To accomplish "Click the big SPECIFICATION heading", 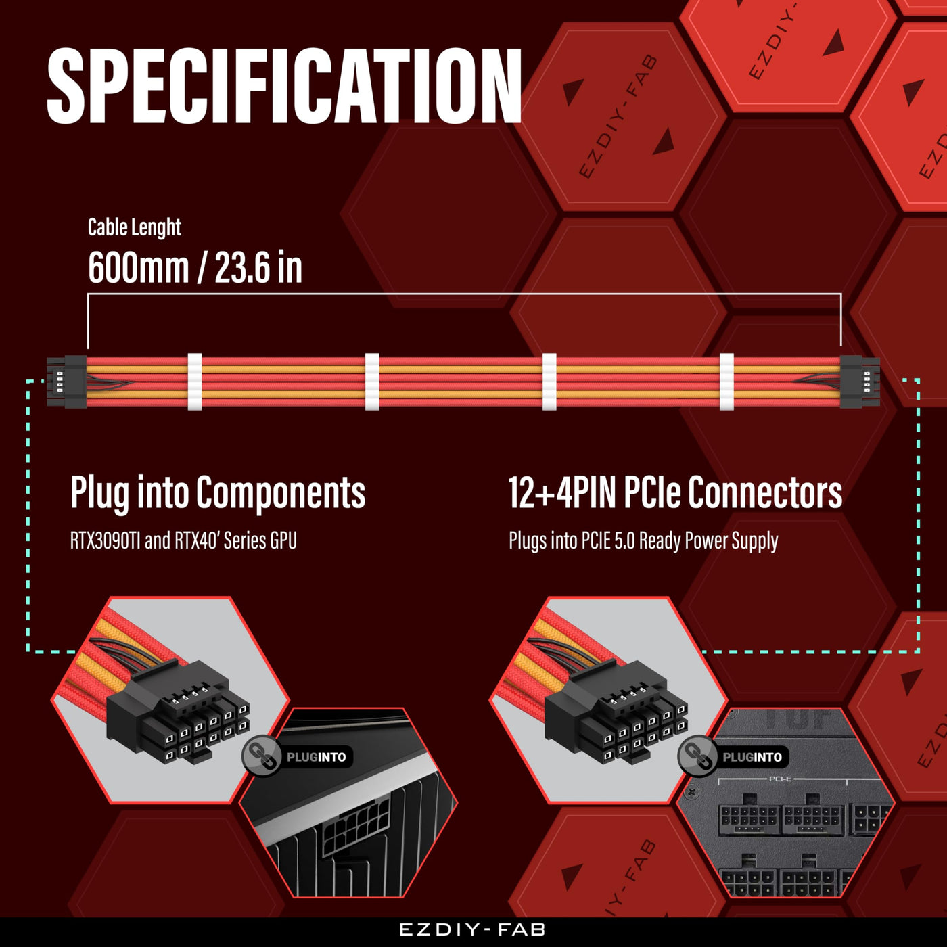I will pos(284,86).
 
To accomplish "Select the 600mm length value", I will pos(138,268).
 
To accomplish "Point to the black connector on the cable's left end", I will pos(68,382).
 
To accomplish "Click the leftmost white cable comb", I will pos(195,382).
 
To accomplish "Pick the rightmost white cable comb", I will pos(726,382).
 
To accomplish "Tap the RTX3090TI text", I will pos(106,541).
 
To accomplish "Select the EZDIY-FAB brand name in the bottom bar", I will pos(473,930).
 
